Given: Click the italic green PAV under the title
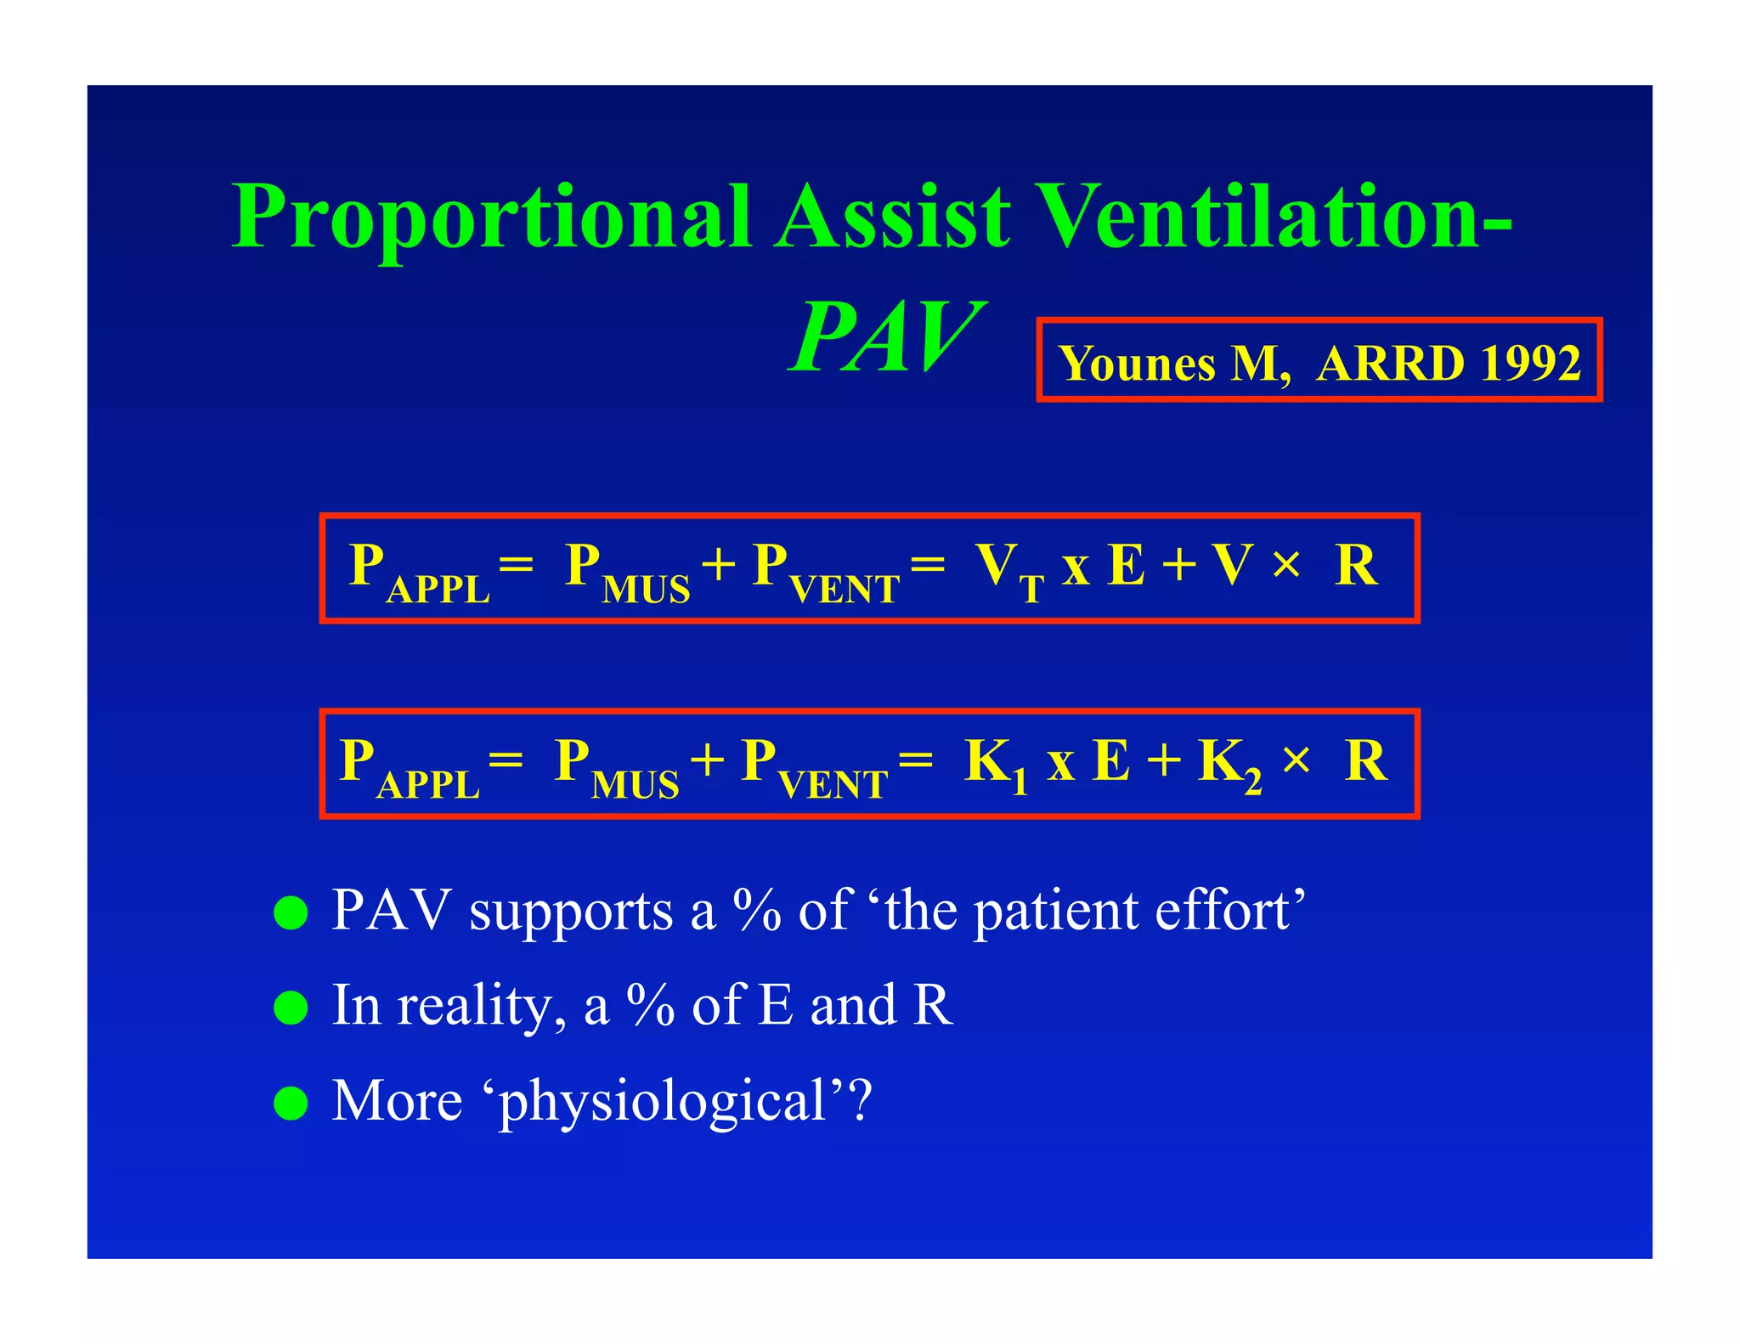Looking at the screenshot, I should coord(884,338).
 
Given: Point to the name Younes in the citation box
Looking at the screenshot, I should coord(1138,364).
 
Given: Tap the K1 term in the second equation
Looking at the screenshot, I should coord(996,764).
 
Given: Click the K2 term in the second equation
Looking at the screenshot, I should coord(1229,764).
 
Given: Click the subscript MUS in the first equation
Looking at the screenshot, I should coord(646,590).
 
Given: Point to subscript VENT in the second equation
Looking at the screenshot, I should coord(833,784).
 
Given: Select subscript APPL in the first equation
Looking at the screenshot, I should coord(438,590).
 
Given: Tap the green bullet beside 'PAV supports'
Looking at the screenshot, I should coord(291,913).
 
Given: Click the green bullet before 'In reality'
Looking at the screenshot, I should coord(291,1008).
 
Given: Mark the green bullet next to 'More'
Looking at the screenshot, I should coord(291,1104).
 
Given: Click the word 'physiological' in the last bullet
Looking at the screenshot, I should coord(662,1103).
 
